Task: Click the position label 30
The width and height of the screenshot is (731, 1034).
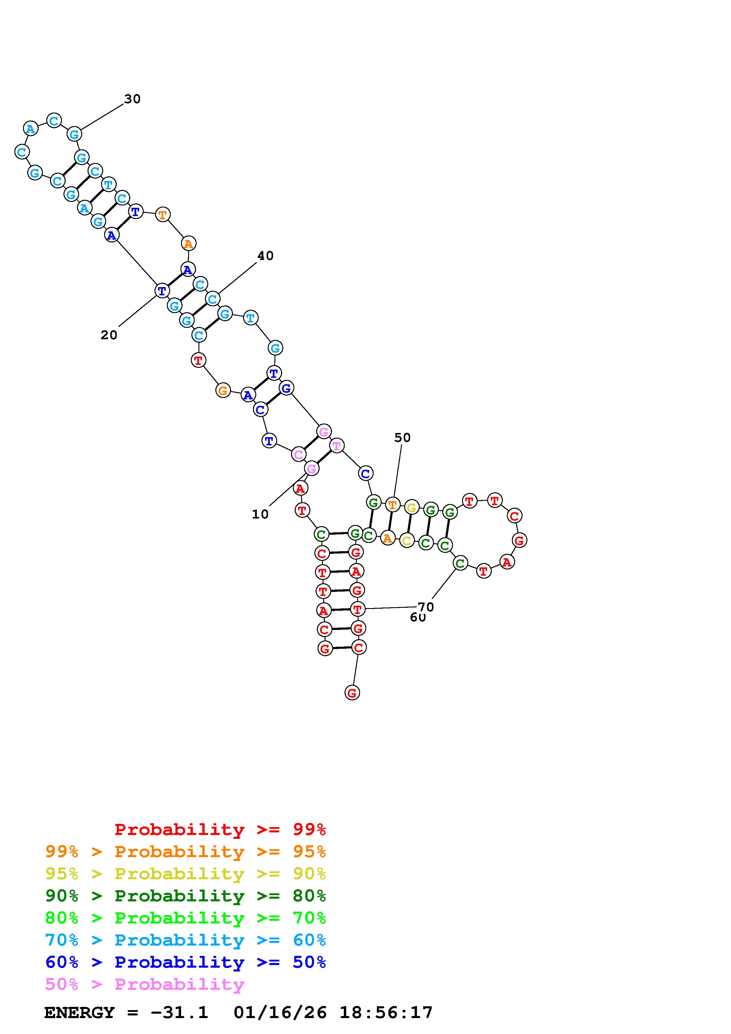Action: [132, 99]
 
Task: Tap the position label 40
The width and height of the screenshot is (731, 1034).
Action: [265, 256]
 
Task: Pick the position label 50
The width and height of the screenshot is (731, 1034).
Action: [402, 437]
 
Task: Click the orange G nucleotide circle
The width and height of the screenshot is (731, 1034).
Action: [223, 391]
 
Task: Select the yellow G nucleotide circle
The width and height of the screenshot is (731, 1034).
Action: [411, 508]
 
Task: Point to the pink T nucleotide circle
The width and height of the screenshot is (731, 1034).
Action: [336, 446]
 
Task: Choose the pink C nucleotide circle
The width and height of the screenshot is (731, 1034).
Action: [298, 455]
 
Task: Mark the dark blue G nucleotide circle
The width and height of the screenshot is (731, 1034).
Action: [286, 388]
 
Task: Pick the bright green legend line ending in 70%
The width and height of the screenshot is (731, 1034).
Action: [185, 918]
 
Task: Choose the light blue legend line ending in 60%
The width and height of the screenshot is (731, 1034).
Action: [185, 940]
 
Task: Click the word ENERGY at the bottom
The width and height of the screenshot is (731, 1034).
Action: [79, 1013]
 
